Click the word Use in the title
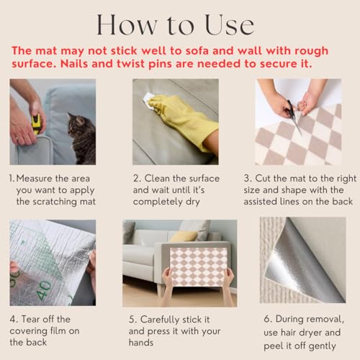coord(230,25)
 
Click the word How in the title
coord(127,25)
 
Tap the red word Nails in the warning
coord(74,64)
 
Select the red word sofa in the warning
coord(194,51)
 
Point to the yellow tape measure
coord(37,124)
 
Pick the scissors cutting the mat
coord(294,117)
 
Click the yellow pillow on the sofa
coord(184,236)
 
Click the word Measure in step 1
coord(34,179)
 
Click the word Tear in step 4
coord(31,319)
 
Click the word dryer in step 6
coord(310,333)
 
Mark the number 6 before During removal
coord(267,319)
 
